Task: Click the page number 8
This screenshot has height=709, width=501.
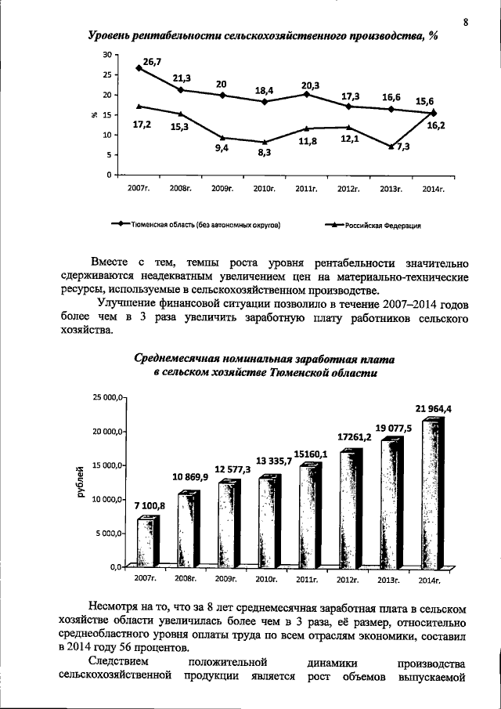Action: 465,22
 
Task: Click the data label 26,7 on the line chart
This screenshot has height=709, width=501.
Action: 152,60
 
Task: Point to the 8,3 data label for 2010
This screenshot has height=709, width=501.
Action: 263,153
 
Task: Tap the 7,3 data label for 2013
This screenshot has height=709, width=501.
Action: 402,147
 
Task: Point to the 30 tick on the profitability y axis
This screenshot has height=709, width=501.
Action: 107,55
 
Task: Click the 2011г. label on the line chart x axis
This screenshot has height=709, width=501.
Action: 306,189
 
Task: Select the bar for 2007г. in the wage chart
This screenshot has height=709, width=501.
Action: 146,541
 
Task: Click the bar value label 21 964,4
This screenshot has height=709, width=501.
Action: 433,408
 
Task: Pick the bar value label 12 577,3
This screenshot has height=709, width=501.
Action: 232,468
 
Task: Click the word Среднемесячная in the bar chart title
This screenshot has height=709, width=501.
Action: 180,359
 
